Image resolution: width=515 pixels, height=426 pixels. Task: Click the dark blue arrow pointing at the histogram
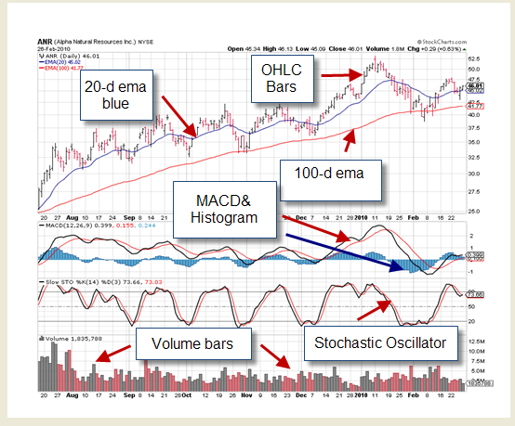tap(344, 250)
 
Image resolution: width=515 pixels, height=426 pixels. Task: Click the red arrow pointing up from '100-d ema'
tap(350, 140)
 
